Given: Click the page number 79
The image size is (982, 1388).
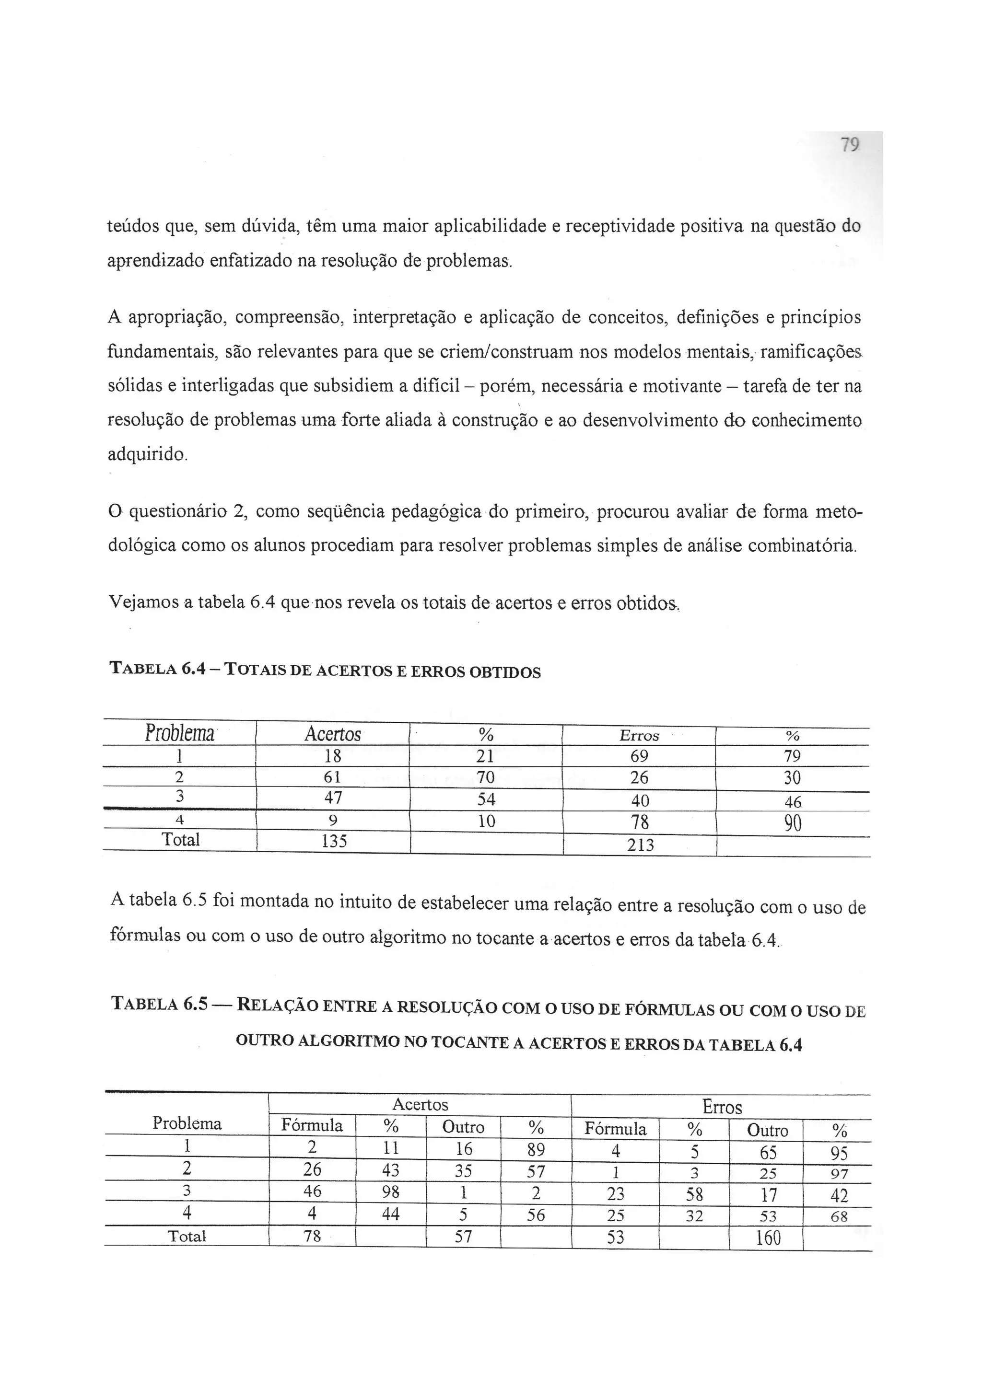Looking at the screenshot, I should pyautogui.click(x=850, y=145).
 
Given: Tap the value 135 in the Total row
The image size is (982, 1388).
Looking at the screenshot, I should pyautogui.click(x=334, y=841).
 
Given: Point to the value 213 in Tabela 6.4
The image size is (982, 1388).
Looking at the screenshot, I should pyautogui.click(x=640, y=844).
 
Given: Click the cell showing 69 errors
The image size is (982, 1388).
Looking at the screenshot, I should pyautogui.click(x=639, y=756).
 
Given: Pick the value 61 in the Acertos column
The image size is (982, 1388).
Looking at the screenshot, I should pyautogui.click(x=333, y=776).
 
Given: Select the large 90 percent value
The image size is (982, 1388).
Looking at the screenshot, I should pyautogui.click(x=792, y=823).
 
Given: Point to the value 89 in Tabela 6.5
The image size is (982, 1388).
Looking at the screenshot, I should pyautogui.click(x=536, y=1149).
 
